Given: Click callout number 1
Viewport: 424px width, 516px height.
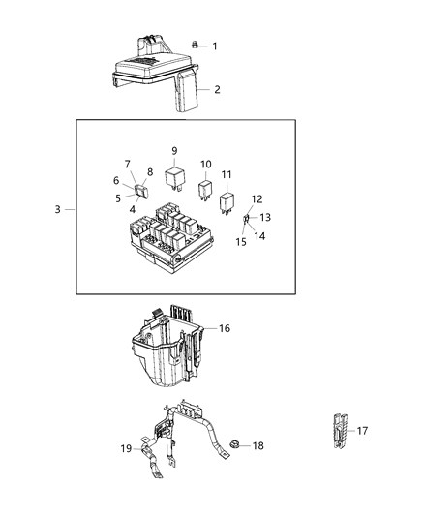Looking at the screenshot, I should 215,46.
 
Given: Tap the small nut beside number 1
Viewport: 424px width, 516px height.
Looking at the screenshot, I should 195,45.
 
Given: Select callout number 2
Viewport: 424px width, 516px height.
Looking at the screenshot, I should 217,90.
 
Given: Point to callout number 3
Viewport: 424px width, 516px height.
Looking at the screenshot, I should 58,209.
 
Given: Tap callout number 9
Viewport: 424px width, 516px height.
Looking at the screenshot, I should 174,151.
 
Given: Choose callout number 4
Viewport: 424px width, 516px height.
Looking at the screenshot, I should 133,208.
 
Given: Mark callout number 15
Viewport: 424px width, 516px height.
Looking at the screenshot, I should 241,242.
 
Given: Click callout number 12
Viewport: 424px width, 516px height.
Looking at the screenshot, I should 257,198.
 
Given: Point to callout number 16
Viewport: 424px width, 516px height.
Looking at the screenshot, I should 224,329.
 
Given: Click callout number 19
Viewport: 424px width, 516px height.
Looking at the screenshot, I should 126,449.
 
